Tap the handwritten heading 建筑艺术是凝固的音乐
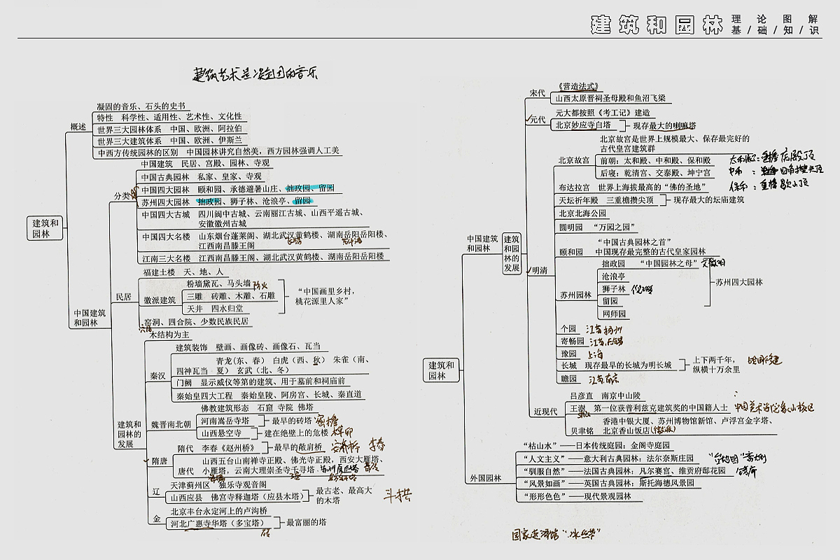tap(255, 72)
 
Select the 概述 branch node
tap(78, 127)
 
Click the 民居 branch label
tap(123, 296)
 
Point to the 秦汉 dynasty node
tap(157, 376)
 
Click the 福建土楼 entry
tap(157, 272)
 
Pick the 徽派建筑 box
tap(160, 300)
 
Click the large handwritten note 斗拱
tap(397, 496)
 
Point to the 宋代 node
tap(538, 92)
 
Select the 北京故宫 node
tap(574, 160)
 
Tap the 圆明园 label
tap(571, 227)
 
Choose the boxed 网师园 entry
tap(614, 314)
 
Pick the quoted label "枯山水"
tap(539, 445)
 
